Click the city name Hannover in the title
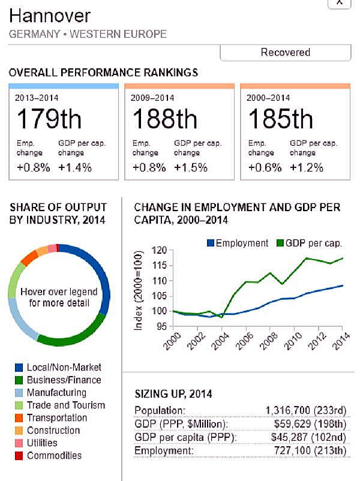tap(50, 15)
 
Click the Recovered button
tap(285, 53)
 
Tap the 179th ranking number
tap(49, 119)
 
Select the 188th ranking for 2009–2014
tap(164, 119)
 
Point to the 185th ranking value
tap(280, 119)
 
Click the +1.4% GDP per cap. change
tap(75, 167)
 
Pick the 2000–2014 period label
tap(268, 97)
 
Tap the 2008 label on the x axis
tap(269, 343)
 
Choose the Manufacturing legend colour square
tap(19, 393)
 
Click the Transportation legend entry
tap(56, 418)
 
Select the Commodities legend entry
tap(54, 456)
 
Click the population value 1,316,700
tap(288, 410)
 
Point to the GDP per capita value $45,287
tap(292, 437)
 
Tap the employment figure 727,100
tap(294, 450)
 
